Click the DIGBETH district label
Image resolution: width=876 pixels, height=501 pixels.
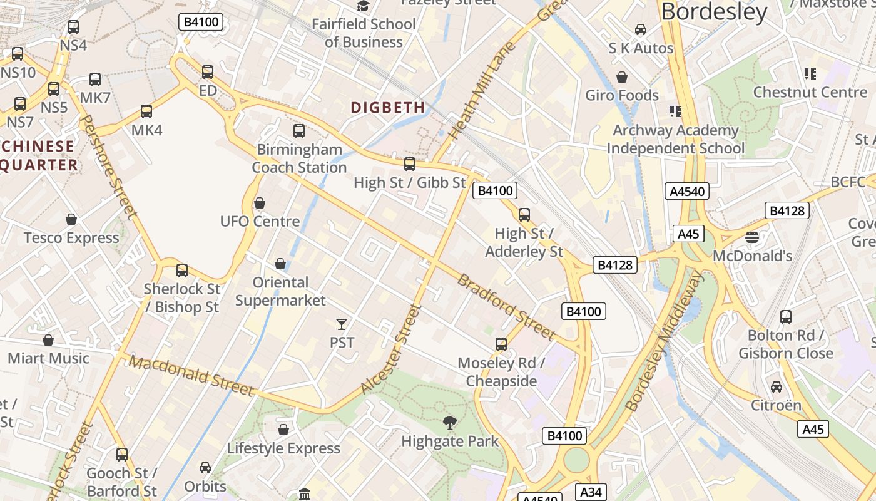pos(388,108)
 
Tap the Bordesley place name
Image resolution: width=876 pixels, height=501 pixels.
pos(714,12)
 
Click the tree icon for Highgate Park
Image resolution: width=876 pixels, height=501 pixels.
pos(449,423)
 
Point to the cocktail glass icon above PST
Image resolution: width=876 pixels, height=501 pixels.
pos(341,324)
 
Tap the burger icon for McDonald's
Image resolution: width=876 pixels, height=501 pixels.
pos(752,237)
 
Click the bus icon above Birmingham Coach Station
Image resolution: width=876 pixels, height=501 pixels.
pos(299,131)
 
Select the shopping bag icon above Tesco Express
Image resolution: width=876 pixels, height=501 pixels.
pos(71,219)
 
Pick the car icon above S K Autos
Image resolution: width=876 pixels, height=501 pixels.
pos(641,29)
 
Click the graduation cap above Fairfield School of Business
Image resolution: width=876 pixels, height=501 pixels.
pos(363,6)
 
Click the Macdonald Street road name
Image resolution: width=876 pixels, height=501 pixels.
pos(193,376)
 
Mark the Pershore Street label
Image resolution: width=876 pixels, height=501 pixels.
pos(109,166)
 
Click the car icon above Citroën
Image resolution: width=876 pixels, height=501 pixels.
pos(776,387)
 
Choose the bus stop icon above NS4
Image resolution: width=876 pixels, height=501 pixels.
pos(73,27)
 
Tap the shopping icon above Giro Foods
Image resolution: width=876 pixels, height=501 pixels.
pos(622,77)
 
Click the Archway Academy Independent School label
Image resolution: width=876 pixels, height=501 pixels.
pos(676,140)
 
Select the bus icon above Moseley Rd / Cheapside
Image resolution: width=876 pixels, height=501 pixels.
pos(501,344)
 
